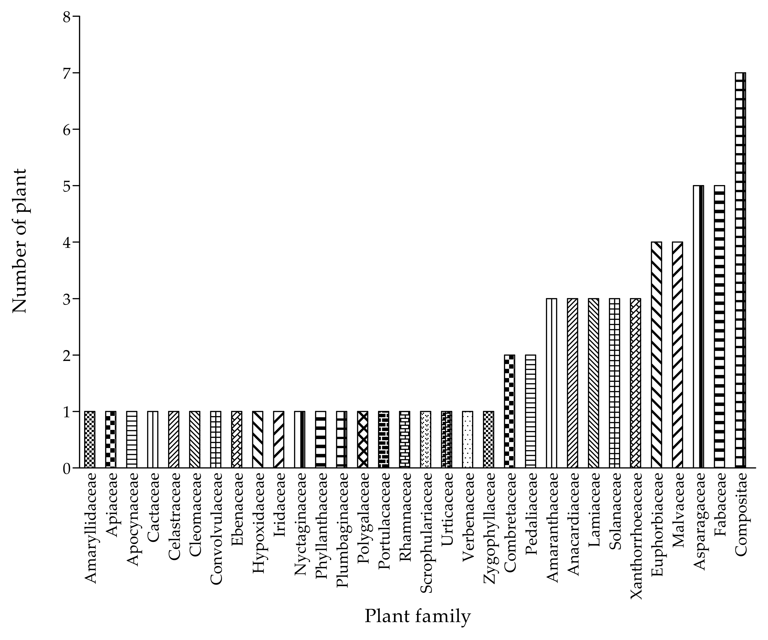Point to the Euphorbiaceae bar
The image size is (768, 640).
click(x=656, y=354)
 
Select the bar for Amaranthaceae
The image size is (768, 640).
click(x=551, y=383)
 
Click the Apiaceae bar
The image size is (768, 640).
click(x=110, y=439)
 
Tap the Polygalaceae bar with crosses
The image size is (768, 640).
click(x=362, y=439)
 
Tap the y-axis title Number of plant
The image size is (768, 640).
click(x=20, y=241)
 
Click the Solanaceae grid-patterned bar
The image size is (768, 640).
click(x=614, y=383)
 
